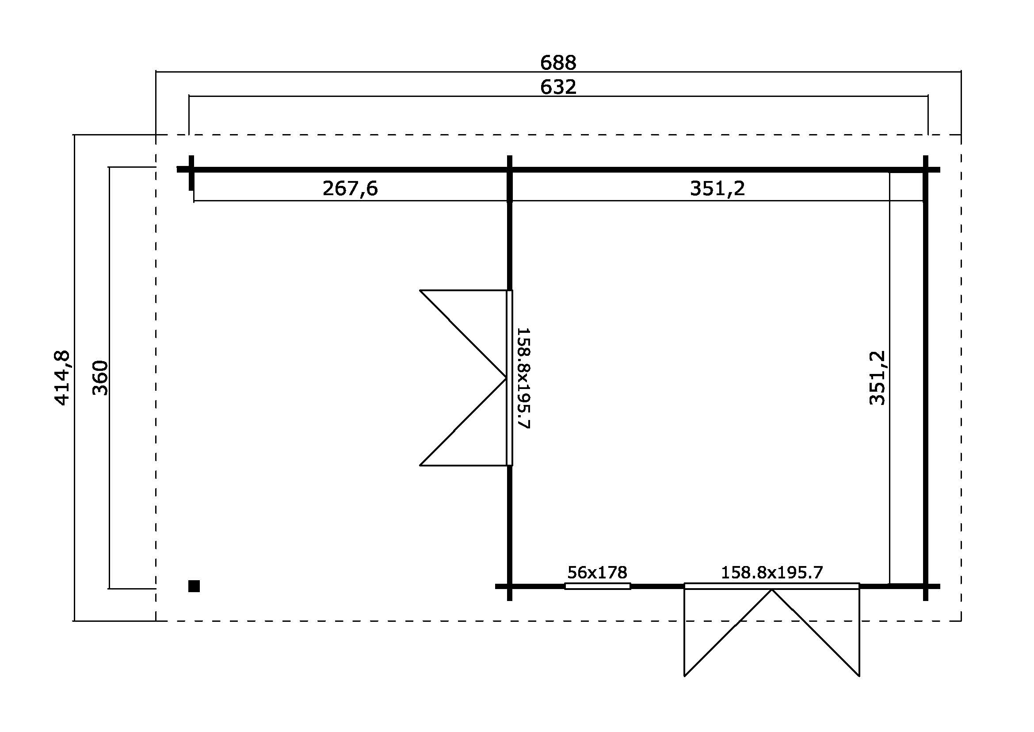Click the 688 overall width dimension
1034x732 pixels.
tap(558, 63)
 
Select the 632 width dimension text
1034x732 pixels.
tap(558, 87)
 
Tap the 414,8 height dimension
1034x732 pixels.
tap(62, 378)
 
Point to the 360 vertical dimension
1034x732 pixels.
tap(100, 378)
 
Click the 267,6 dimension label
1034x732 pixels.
tap(350, 189)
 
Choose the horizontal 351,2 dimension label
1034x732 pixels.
tap(717, 189)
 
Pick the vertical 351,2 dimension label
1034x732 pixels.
tap(877, 378)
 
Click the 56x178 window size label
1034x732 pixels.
tap(597, 572)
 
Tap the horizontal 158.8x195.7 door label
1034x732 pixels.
tap(772, 572)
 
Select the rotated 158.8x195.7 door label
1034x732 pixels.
tap(523, 378)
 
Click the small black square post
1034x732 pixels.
tap(194, 586)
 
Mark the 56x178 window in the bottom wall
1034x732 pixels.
tap(598, 586)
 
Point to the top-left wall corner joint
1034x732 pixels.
tap(191, 170)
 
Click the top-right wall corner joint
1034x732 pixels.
tap(925, 170)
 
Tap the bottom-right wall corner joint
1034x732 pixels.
tap(925, 586)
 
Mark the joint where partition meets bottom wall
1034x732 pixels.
tap(509, 586)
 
